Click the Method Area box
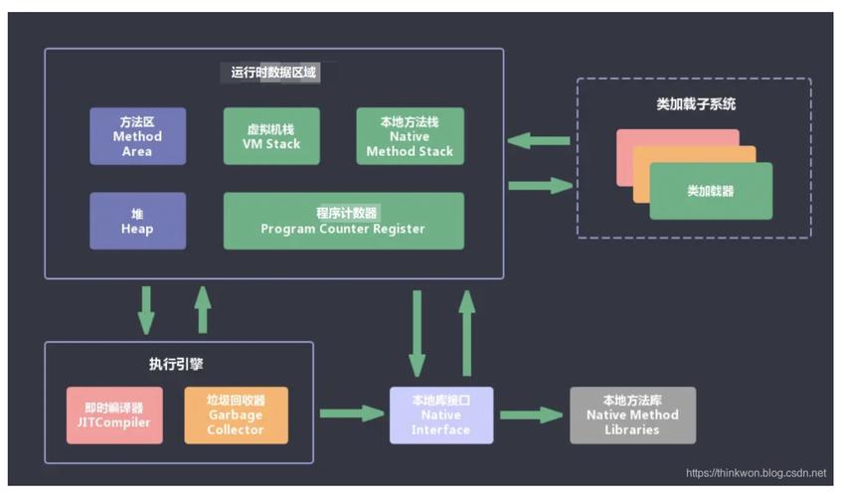tap(137, 136)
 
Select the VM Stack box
tap(271, 136)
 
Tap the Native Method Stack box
tap(410, 136)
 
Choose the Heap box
tap(137, 221)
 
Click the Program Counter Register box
tap(343, 221)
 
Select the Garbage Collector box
tap(236, 414)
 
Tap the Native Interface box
tap(441, 414)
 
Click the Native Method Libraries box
tap(632, 414)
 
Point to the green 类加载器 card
tap(711, 191)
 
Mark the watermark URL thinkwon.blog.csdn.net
tap(757, 473)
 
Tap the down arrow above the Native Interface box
tap(418, 333)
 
